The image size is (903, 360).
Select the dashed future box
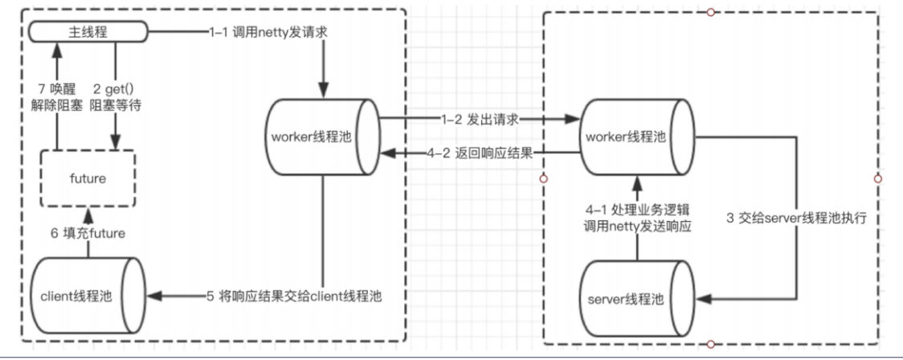click(x=88, y=178)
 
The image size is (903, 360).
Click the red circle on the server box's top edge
click(x=710, y=12)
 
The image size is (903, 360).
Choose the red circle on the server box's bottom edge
click(x=710, y=345)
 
